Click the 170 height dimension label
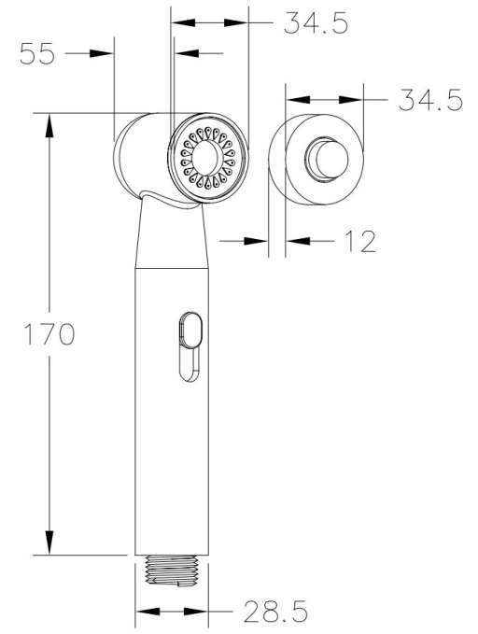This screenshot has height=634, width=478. pyautogui.click(x=49, y=334)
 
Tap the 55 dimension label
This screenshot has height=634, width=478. pyautogui.click(x=36, y=53)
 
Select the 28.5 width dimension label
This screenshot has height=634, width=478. pyautogui.click(x=275, y=611)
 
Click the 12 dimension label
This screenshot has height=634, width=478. pyautogui.click(x=360, y=242)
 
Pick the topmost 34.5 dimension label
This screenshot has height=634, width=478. pyautogui.click(x=316, y=22)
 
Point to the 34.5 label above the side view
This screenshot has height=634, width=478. pyautogui.click(x=430, y=100)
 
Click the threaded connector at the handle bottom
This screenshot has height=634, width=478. pyautogui.click(x=172, y=571)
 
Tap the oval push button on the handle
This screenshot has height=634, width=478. pyautogui.click(x=190, y=330)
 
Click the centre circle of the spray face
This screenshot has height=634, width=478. pyautogui.click(x=206, y=157)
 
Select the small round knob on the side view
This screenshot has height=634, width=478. pyautogui.click(x=328, y=158)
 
